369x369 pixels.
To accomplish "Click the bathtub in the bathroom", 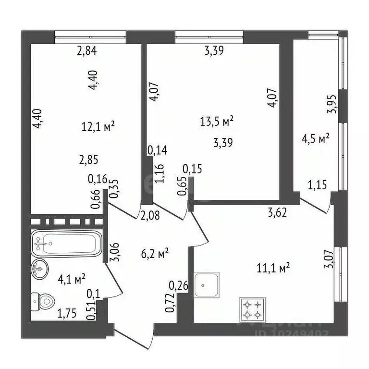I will click(x=67, y=244).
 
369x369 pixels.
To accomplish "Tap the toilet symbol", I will click(x=44, y=301).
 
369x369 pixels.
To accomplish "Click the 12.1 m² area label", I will click(x=98, y=127).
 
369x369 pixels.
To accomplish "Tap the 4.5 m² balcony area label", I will click(x=315, y=139).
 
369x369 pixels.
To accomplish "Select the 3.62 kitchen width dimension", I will click(x=277, y=212).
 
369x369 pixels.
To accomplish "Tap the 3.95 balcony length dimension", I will click(x=331, y=103).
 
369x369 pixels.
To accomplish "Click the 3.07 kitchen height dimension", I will click(x=328, y=264).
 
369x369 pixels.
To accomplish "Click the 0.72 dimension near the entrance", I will click(x=170, y=304).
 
